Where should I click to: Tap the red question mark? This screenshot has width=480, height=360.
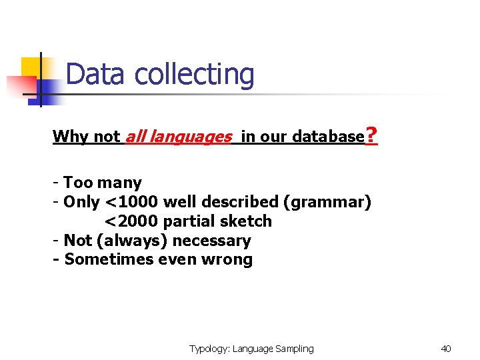click(372, 137)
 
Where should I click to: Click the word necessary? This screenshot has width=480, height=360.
click(209, 241)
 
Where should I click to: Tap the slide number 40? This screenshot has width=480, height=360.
click(446, 349)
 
